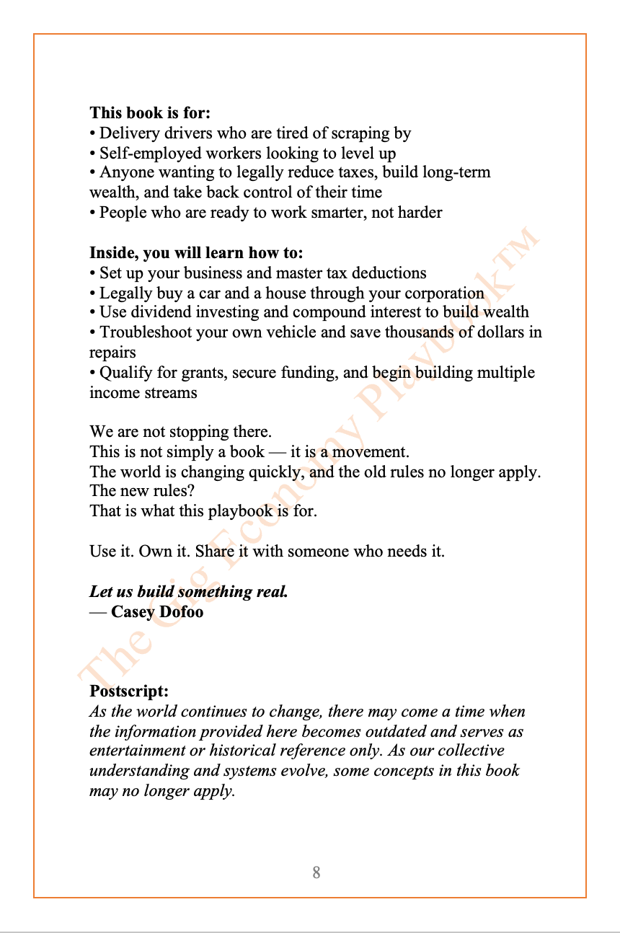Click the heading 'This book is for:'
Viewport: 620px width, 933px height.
coord(149,113)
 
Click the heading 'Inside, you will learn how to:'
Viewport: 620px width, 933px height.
coord(196,253)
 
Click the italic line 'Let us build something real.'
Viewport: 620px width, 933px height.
coord(188,592)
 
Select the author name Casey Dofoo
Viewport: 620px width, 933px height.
coord(157,612)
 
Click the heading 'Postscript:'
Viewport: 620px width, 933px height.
coord(129,691)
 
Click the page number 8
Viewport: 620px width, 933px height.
coord(316,873)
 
